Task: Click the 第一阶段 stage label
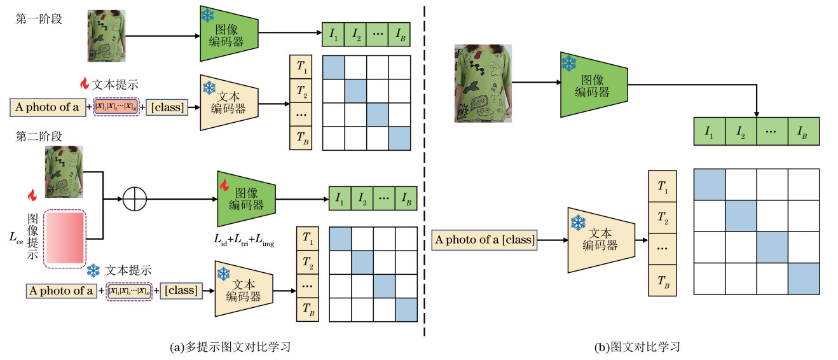38,18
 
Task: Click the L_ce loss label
17,237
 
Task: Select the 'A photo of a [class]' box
484,240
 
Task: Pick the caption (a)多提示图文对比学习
226,347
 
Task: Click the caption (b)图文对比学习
637,347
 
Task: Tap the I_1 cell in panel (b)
708,132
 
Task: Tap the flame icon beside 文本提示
83,83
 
